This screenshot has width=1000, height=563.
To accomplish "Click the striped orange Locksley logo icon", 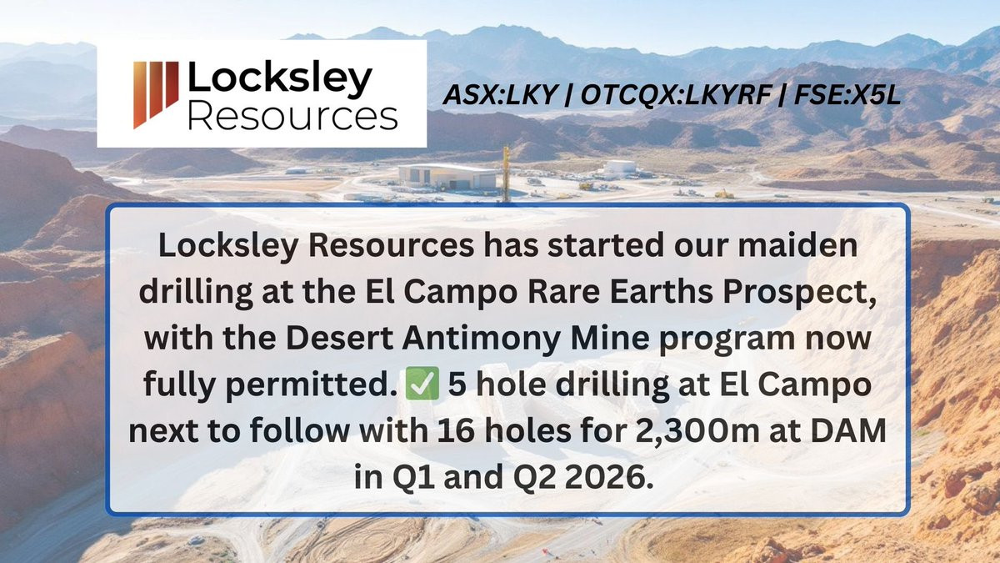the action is [x=156, y=94].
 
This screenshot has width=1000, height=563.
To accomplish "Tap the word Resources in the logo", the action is [x=292, y=117].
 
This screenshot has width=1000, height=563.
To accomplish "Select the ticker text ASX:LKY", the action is [x=499, y=95].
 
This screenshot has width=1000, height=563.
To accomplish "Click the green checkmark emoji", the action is [x=422, y=384].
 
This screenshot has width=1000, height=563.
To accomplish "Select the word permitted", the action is [x=311, y=385].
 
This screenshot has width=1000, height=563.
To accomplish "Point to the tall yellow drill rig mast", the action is [x=506, y=174].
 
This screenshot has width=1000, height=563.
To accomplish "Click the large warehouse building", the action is [x=447, y=176].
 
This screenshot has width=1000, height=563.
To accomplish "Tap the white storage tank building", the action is [x=621, y=168].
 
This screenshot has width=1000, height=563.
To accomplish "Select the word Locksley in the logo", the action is [x=280, y=79].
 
